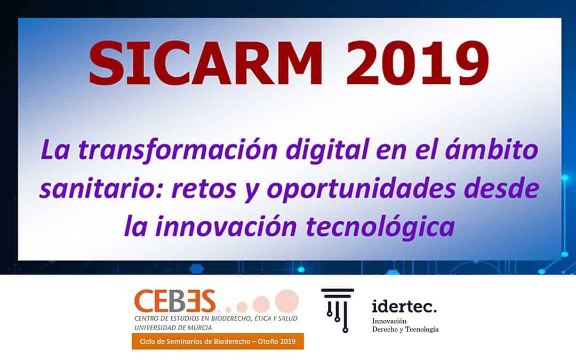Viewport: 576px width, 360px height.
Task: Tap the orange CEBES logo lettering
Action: pos(174,301)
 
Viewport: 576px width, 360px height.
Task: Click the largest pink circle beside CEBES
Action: pos(286,300)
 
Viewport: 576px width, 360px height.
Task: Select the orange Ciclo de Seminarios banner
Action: pos(218,341)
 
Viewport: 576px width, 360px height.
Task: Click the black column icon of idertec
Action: pos(337,309)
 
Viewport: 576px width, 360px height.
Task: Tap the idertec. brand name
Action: pos(404,307)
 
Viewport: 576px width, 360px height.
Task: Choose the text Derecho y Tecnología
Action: pos(405,330)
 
